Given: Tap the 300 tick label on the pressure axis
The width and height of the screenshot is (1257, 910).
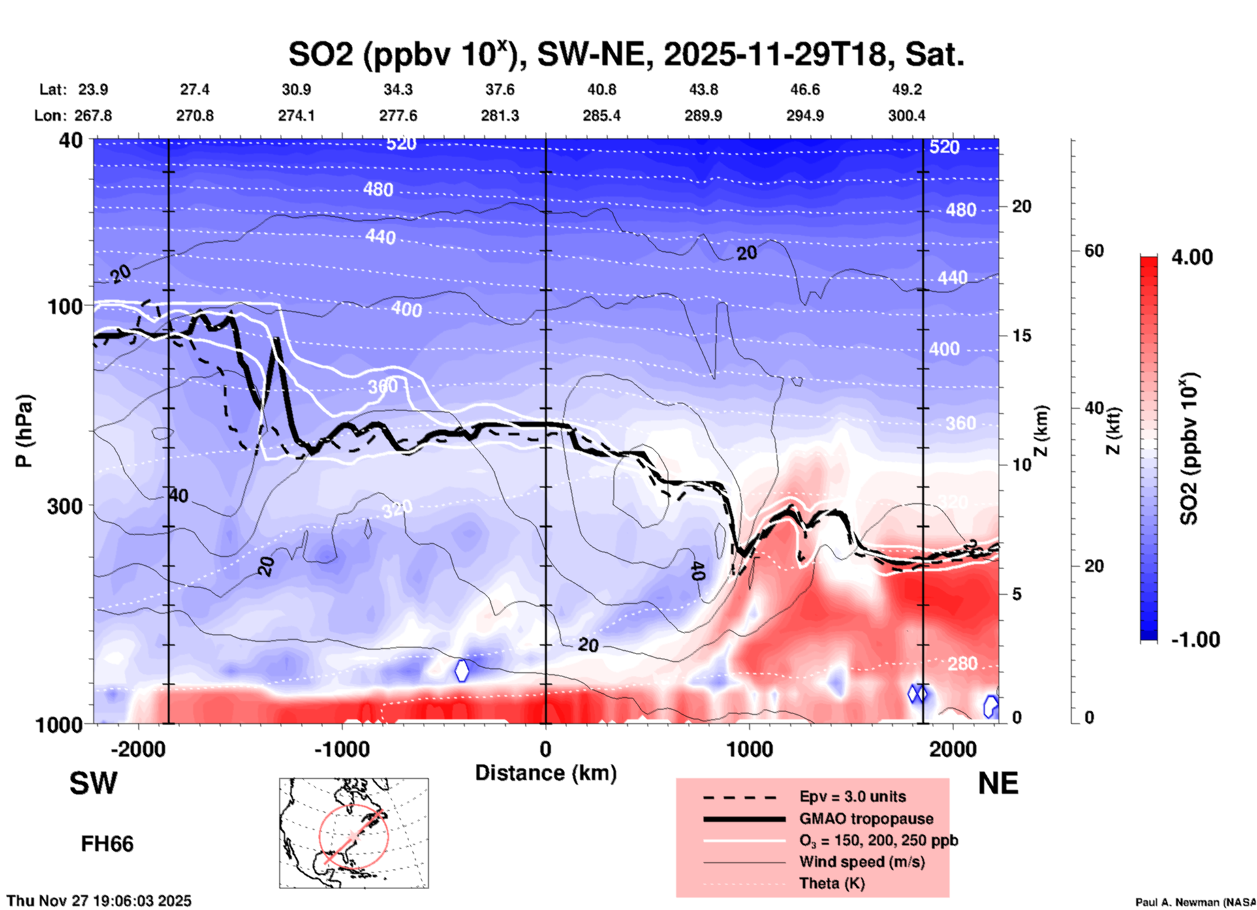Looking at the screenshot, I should tap(65, 506).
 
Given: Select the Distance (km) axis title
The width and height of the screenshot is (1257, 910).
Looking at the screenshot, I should tap(546, 773).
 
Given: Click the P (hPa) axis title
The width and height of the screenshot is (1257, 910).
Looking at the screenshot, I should tap(24, 431).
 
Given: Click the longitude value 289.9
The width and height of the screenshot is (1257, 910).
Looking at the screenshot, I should tap(703, 116).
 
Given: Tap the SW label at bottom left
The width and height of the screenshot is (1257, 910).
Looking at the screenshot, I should tap(93, 784).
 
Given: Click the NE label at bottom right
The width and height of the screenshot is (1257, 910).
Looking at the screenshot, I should tap(998, 784).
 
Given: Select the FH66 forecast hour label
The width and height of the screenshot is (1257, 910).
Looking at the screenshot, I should tap(107, 844).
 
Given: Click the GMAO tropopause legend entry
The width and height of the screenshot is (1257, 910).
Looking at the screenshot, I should tap(866, 819).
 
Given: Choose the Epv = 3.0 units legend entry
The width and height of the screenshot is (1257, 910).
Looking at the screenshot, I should tap(852, 796).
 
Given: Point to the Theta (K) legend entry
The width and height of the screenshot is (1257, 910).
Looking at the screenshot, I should tap(831, 883).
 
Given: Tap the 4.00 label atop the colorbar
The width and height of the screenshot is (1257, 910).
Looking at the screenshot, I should tap(1192, 257).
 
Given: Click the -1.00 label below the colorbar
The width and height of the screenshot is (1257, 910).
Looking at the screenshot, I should tap(1195, 640).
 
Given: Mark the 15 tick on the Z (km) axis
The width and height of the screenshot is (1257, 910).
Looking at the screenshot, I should tap(1021, 336).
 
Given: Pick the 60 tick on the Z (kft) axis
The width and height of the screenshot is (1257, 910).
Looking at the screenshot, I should tap(1094, 251).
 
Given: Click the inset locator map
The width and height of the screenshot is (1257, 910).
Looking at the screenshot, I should tap(354, 832).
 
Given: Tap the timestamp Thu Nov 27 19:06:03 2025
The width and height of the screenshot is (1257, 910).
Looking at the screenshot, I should tap(99, 901).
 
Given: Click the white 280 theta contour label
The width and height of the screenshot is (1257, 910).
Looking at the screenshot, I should tap(962, 664).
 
